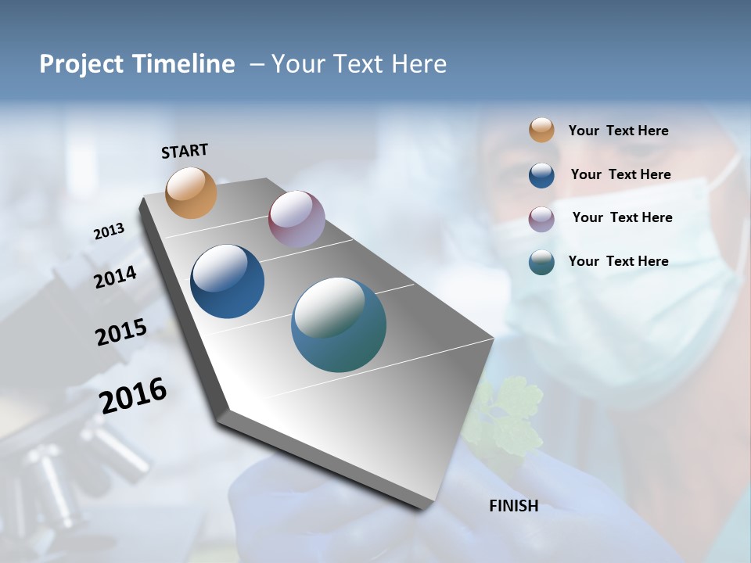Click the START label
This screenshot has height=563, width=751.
pos(185,151)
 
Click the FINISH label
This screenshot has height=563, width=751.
pos(513,506)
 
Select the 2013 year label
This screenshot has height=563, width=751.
pos(110,231)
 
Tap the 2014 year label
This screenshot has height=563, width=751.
pos(116,277)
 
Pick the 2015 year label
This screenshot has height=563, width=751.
pos(121,332)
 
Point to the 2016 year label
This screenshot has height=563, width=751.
pos(133,396)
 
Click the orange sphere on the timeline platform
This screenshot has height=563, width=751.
pos(191,192)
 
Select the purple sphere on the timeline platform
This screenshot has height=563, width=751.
pos(296,219)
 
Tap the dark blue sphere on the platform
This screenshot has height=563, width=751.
pos(227,281)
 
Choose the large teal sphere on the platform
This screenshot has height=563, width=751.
pos(339,325)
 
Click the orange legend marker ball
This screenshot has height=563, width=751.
pos(541,130)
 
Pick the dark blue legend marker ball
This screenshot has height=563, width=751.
pos(541,175)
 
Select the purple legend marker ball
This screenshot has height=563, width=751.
pos(541,219)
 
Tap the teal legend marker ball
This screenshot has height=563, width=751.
pos(541,262)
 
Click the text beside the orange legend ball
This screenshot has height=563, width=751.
pos(618,131)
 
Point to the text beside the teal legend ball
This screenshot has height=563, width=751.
pos(618,261)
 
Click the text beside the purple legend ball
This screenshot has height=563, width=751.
pos(622,217)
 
